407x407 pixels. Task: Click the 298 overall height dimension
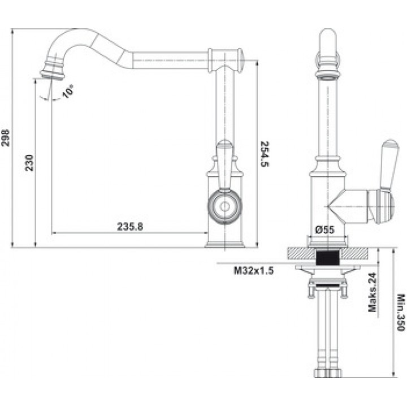tap(6, 138)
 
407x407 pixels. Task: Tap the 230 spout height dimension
tap(29, 163)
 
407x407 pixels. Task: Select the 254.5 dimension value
tap(265, 154)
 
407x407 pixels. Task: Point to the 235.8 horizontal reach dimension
tap(130, 227)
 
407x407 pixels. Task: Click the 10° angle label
tap(68, 92)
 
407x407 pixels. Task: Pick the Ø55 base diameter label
tap(324, 230)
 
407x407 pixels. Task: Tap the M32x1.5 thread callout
tap(254, 271)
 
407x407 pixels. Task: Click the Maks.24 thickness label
tap(373, 293)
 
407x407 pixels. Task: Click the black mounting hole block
tap(328, 257)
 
